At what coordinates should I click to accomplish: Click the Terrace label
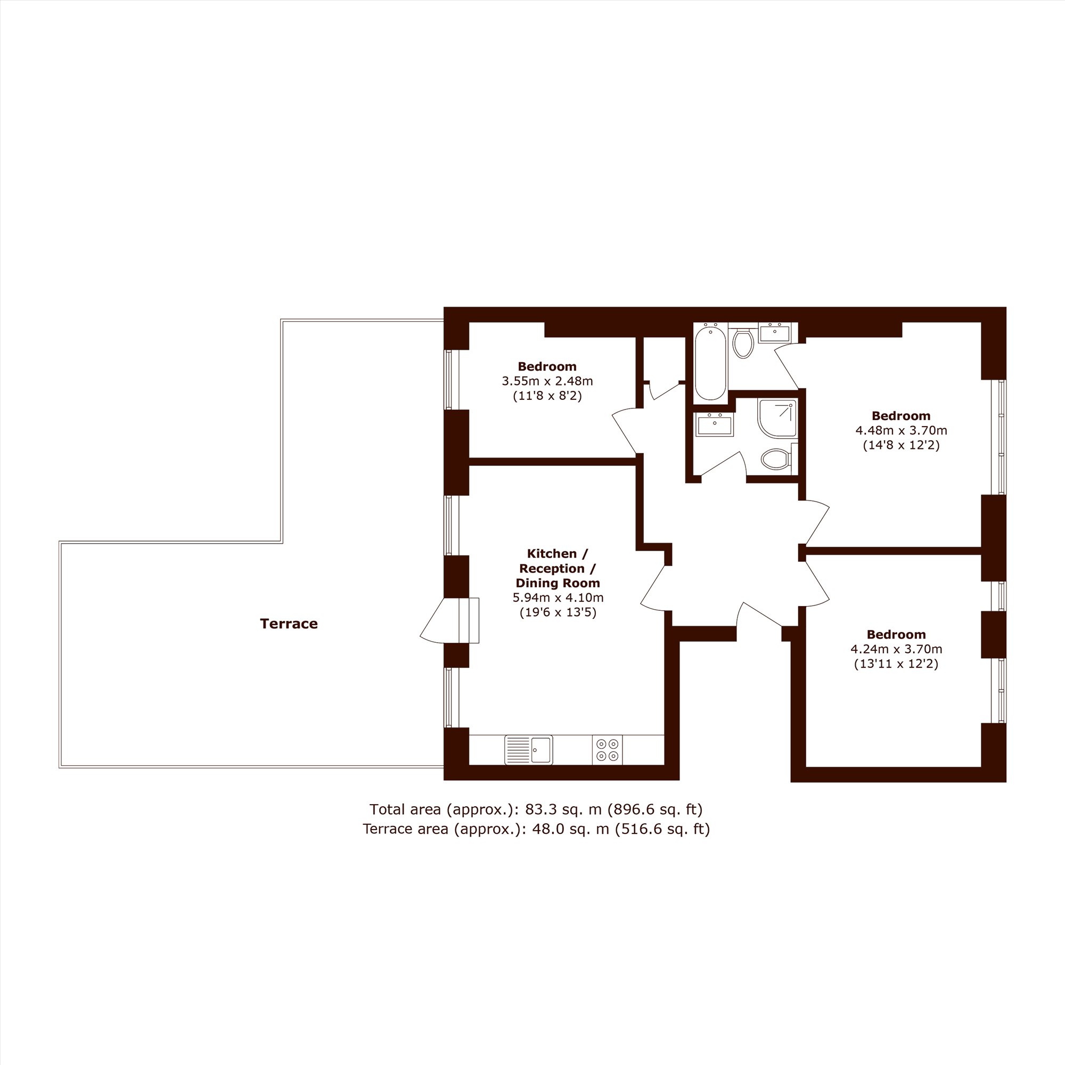click(289, 624)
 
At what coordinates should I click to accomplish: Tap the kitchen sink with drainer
click(529, 750)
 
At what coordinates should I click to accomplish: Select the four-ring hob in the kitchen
click(608, 750)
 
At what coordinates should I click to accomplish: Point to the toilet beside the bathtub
click(743, 343)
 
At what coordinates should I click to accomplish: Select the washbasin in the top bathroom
click(774, 333)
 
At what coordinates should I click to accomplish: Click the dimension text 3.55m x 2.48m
click(547, 381)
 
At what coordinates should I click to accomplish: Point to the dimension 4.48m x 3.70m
click(902, 430)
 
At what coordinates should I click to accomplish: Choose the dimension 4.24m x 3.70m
click(896, 649)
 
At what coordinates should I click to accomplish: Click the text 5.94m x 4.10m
click(559, 597)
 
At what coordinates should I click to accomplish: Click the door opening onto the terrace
click(449, 620)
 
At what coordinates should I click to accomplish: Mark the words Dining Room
click(558, 583)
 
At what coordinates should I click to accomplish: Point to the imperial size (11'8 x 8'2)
click(547, 396)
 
